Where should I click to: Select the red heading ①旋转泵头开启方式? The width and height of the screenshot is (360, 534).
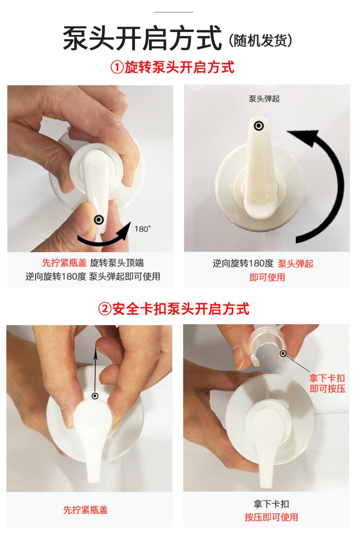[x=172, y=67]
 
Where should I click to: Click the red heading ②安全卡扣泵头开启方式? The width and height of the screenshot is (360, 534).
[x=174, y=309]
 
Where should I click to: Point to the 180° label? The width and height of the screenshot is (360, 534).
[x=143, y=229]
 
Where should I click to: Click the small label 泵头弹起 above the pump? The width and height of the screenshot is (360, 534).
[x=264, y=99]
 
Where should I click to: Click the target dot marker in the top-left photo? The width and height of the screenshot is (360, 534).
[x=99, y=219]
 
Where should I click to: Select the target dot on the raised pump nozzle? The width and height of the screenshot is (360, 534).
[x=259, y=126]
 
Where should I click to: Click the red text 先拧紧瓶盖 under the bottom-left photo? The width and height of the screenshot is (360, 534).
[x=85, y=510]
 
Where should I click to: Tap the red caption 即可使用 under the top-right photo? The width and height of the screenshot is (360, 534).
[x=267, y=278]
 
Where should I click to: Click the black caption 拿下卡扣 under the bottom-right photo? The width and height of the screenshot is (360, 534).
[x=271, y=504]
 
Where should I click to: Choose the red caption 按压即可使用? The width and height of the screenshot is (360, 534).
[x=271, y=517]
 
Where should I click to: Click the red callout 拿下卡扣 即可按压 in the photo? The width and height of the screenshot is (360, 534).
[x=327, y=383]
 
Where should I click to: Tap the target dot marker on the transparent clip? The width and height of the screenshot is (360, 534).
[x=283, y=353]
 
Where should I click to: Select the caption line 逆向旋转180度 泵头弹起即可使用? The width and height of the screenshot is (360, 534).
[x=93, y=276]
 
